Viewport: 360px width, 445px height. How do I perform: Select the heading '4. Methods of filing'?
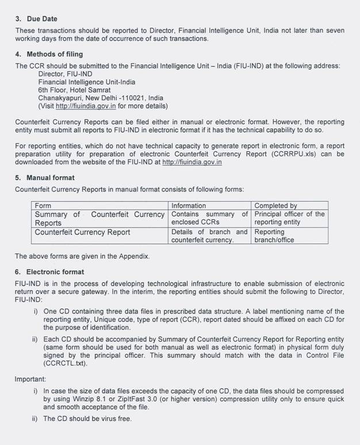[49, 55]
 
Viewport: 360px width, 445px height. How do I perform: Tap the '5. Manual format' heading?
[44, 178]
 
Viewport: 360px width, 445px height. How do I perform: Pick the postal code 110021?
[132, 98]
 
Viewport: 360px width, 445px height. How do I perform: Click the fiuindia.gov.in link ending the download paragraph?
[192, 163]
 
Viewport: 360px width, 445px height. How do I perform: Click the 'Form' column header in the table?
[43, 205]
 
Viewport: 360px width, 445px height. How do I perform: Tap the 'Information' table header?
[188, 205]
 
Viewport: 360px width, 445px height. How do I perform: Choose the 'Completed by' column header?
[275, 205]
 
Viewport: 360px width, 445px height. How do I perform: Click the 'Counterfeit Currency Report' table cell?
[82, 232]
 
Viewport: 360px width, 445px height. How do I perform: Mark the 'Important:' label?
[32, 379]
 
